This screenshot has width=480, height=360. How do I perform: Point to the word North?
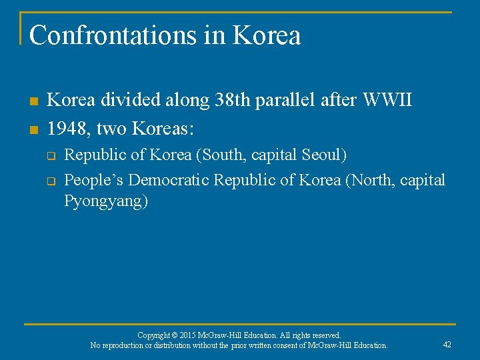(371, 180)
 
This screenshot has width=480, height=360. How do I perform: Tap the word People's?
(93, 180)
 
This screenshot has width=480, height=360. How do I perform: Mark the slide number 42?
(447, 345)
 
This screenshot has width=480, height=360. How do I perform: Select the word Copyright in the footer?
(155, 335)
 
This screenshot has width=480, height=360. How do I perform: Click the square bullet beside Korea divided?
(33, 102)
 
